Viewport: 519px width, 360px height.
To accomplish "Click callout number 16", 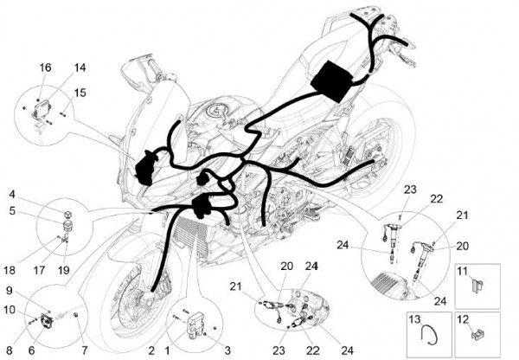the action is pyautogui.click(x=45, y=67).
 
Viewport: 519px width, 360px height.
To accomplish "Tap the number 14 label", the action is pyautogui.click(x=80, y=67).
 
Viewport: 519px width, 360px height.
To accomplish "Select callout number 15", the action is pyautogui.click(x=80, y=93).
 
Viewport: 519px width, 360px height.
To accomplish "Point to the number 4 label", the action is pyautogui.click(x=12, y=194).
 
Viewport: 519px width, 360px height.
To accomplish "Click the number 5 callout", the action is pyautogui.click(x=12, y=210).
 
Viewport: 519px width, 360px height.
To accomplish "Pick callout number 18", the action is pyautogui.click(x=10, y=270).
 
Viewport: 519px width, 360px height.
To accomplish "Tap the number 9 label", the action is pyautogui.click(x=10, y=291).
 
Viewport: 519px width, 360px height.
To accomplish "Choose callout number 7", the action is pyautogui.click(x=85, y=350).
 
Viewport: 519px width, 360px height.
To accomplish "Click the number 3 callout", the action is pyautogui.click(x=227, y=350).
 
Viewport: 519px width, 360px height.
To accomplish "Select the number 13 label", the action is pyautogui.click(x=414, y=319).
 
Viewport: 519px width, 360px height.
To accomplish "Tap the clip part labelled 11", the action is pyautogui.click(x=477, y=285).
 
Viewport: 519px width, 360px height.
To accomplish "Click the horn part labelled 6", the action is pyautogui.click(x=46, y=321).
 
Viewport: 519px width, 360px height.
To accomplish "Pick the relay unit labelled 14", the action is pyautogui.click(x=43, y=106).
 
